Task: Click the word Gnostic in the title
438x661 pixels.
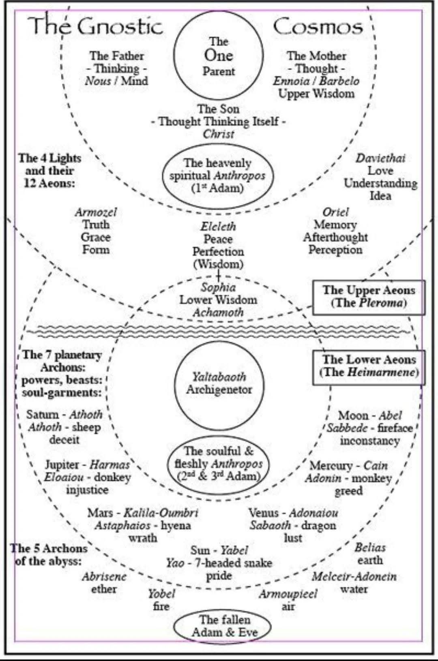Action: (120, 27)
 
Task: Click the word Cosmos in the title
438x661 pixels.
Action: (318, 27)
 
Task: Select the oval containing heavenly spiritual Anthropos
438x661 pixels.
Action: (218, 175)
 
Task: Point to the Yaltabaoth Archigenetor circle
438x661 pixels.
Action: (219, 383)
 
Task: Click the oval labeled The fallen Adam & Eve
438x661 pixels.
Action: (222, 626)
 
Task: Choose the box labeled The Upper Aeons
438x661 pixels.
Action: (369, 297)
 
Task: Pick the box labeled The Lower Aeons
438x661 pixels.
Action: (369, 366)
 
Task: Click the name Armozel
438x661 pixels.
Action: (96, 212)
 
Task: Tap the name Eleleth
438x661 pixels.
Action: (218, 226)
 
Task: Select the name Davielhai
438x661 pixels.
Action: (380, 158)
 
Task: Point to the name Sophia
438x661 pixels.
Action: (218, 287)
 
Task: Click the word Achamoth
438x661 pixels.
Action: (218, 312)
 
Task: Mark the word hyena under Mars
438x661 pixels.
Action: (176, 526)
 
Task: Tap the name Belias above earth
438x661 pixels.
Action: (370, 548)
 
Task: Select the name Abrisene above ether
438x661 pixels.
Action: (104, 576)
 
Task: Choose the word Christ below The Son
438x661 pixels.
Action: (219, 134)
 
